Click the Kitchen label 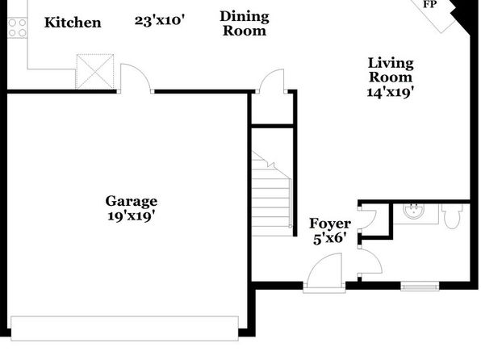tap(73, 23)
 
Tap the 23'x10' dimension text tap(160, 20)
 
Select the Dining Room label tap(245, 23)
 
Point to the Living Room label tap(391, 70)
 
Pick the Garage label tap(132, 201)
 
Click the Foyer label tap(330, 224)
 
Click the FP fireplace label tap(430, 4)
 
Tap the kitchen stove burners tap(18, 27)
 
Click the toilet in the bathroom tap(453, 216)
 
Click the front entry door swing tap(324, 271)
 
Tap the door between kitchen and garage tap(136, 77)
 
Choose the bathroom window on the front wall tap(420, 287)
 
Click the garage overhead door tap(124, 328)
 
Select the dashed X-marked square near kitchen tap(94, 72)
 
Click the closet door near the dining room tap(272, 81)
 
